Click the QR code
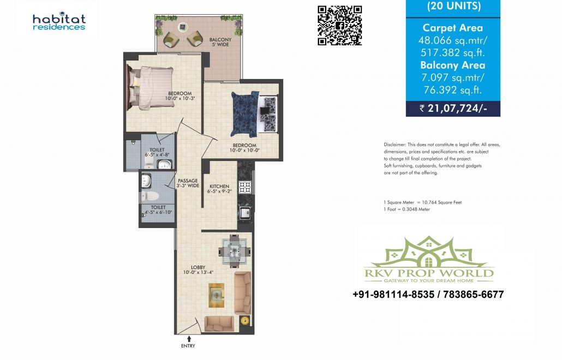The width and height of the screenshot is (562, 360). click(x=339, y=26)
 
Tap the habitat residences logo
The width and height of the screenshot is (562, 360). click(x=59, y=21)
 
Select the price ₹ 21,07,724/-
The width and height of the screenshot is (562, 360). click(x=453, y=108)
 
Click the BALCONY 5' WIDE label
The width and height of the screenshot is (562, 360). click(x=220, y=42)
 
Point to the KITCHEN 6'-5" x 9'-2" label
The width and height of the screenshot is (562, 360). click(x=219, y=189)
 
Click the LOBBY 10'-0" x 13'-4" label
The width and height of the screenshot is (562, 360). click(x=198, y=270)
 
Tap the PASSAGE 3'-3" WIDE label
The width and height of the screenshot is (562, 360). click(x=188, y=183)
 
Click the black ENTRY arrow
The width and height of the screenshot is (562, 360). click(x=189, y=339)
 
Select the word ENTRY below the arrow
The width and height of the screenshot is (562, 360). click(x=188, y=346)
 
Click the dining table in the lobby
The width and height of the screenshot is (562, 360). click(x=235, y=251)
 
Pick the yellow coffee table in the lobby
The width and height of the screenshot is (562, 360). click(x=217, y=295)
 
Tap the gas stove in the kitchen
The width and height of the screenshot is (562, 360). click(x=245, y=187)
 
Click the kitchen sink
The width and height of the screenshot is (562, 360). click(x=245, y=213)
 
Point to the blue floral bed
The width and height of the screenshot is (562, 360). click(x=245, y=114)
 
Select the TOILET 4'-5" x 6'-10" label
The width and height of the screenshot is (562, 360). click(x=158, y=210)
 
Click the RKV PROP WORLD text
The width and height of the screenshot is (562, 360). click(x=429, y=273)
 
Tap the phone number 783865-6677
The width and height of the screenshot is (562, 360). click(x=474, y=295)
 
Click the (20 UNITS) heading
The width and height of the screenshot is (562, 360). click(x=454, y=7)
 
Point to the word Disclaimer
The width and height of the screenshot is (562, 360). click(x=395, y=145)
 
